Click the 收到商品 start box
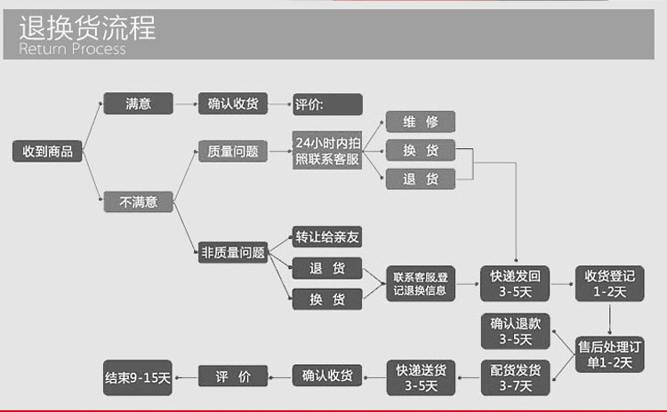[48, 151]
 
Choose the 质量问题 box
[232, 152]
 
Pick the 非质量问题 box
[232, 252]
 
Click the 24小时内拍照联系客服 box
[327, 151]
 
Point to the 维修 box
[420, 122]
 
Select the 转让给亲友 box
[327, 237]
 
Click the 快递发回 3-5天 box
[516, 283]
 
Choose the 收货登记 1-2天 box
[609, 283]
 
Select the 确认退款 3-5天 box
[516, 330]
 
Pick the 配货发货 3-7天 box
[516, 377]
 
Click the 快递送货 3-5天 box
[420, 376]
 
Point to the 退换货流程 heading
[87, 28]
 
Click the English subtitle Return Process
[72, 50]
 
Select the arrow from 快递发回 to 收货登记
[562, 283]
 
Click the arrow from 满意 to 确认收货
[185, 104]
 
